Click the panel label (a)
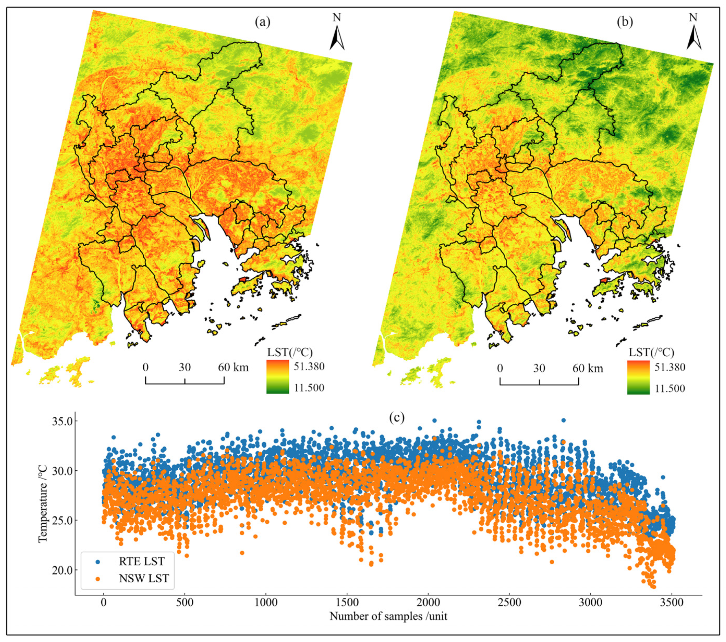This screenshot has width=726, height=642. (x=262, y=22)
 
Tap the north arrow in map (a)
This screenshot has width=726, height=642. (x=337, y=36)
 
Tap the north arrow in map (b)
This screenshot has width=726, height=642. (x=693, y=36)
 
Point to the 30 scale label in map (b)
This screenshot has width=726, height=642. (x=539, y=368)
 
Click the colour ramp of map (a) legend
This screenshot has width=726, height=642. (x=277, y=377)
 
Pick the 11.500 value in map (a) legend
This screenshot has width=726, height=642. (x=309, y=388)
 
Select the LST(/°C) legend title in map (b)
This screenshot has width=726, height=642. (x=651, y=352)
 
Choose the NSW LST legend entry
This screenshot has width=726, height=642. (x=144, y=578)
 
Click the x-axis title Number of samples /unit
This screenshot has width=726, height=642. (x=388, y=616)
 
